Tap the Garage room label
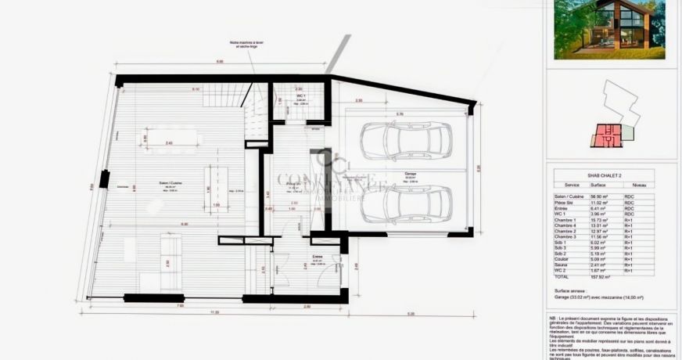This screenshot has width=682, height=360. (410, 175)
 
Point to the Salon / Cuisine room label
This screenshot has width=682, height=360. (170, 184)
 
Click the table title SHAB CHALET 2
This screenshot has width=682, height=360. (610, 175)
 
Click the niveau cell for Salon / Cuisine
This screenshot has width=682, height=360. (629, 197)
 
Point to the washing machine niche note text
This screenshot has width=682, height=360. (243, 45)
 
